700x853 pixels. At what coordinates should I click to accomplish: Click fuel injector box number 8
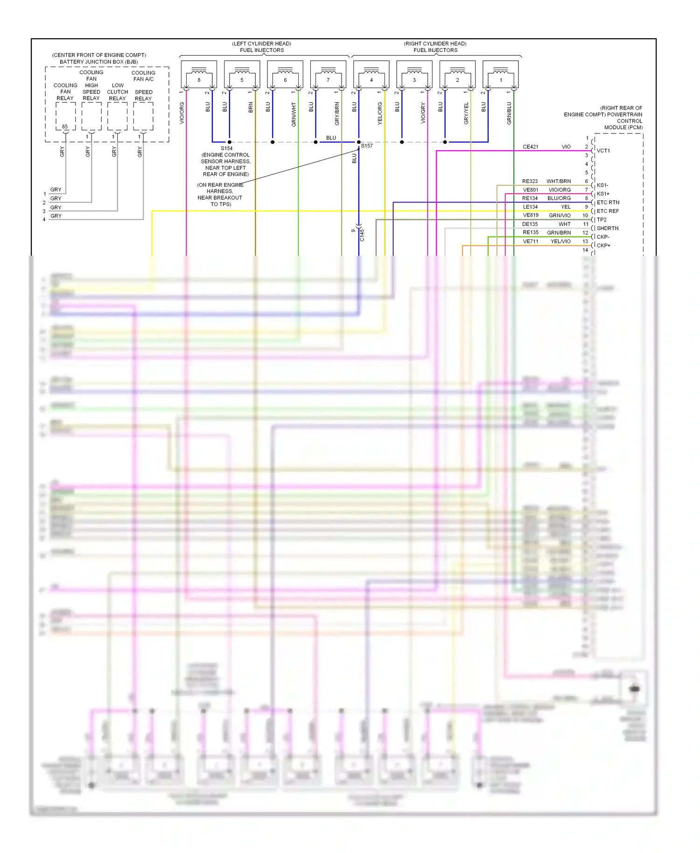[x=199, y=74]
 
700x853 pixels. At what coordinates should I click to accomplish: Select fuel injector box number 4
[x=371, y=74]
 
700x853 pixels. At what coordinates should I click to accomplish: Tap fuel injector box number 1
[x=501, y=74]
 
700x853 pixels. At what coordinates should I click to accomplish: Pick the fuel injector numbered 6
[x=285, y=74]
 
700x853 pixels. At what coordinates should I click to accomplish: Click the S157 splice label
[x=367, y=146]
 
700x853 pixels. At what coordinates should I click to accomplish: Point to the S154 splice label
[x=226, y=148]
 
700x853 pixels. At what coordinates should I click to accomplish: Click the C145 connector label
[x=362, y=235]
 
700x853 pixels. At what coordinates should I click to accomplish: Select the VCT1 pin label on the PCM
[x=603, y=151]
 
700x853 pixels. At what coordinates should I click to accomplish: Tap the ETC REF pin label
[x=608, y=211]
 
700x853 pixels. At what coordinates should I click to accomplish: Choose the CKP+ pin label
[x=603, y=245]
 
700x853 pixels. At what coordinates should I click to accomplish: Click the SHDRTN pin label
[x=608, y=228]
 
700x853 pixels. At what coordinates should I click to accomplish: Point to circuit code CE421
[x=530, y=147]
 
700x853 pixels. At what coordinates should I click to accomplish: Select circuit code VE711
[x=531, y=241]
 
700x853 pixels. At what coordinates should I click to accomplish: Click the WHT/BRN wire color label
[x=559, y=181]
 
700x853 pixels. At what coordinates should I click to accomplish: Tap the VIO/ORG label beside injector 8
[x=182, y=113]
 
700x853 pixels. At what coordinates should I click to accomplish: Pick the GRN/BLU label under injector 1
[x=509, y=113]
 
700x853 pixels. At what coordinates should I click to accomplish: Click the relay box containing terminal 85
[x=65, y=116]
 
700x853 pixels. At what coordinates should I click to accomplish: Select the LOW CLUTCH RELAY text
[x=118, y=92]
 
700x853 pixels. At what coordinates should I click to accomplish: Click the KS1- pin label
[x=602, y=185]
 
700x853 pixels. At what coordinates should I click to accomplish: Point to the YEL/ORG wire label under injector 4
[x=380, y=113]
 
